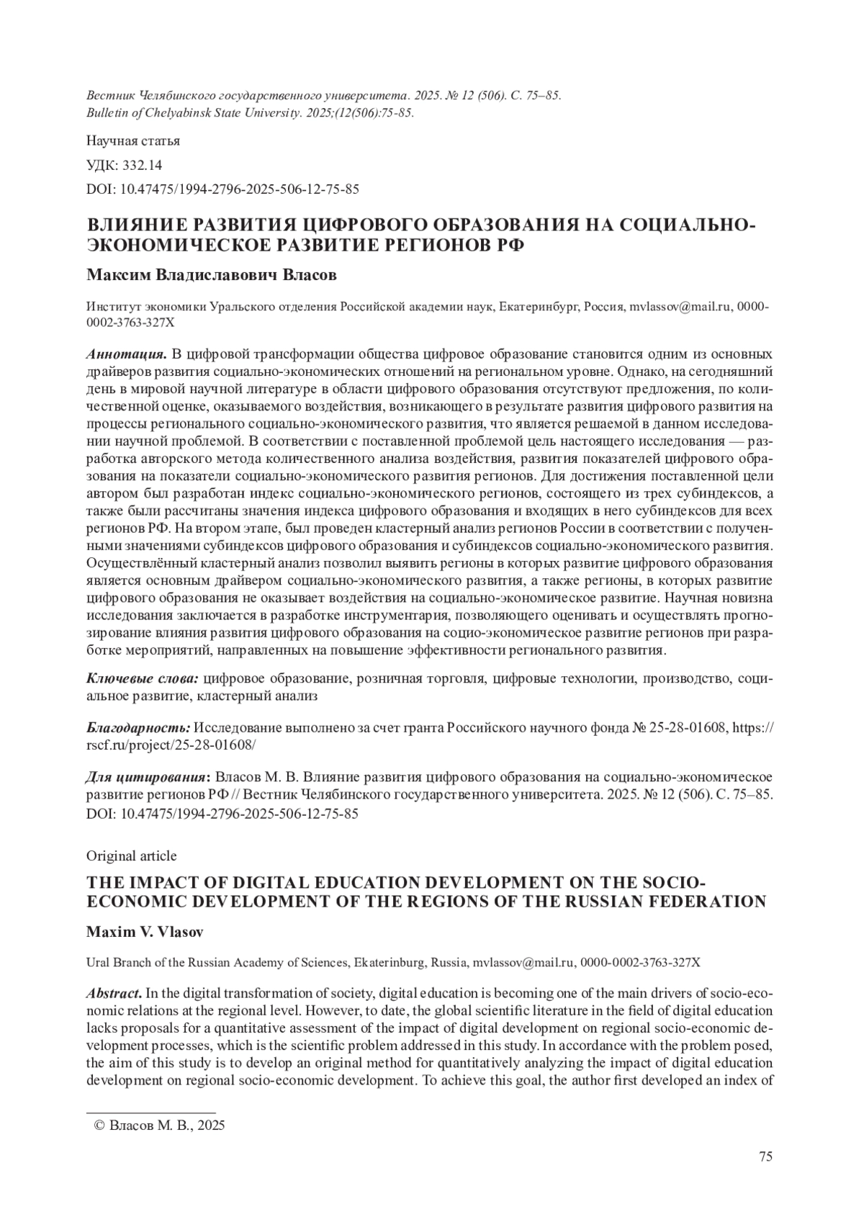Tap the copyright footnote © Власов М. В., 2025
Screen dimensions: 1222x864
click(161, 1126)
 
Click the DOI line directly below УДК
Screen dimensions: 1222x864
click(222, 189)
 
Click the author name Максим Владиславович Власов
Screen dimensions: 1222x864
click(211, 276)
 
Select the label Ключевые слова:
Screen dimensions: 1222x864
click(143, 679)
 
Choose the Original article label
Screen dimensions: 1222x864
click(131, 855)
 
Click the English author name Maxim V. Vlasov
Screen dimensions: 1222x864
click(145, 932)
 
